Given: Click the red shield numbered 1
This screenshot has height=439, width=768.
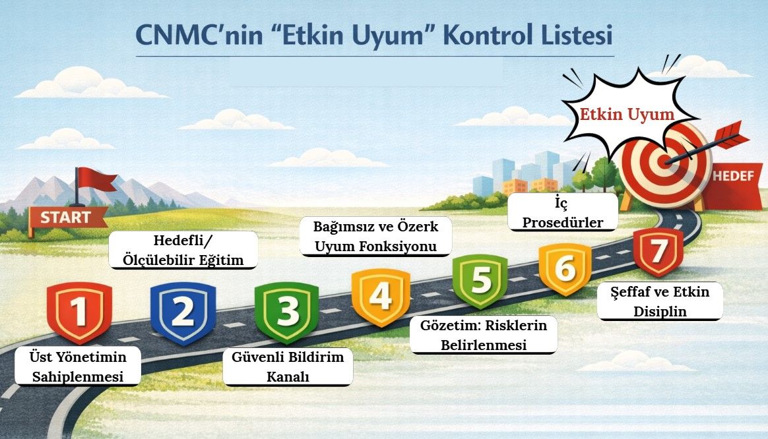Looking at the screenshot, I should [80, 312].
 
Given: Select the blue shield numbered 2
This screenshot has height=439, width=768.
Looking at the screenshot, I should [183, 312].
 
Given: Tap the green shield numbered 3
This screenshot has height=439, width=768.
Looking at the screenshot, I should [286, 312].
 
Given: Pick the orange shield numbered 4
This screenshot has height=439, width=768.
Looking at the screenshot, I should [380, 297].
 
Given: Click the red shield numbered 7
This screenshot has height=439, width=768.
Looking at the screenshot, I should [657, 252].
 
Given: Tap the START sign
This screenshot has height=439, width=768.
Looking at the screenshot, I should [67, 218].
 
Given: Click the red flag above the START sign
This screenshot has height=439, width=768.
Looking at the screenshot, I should [96, 179].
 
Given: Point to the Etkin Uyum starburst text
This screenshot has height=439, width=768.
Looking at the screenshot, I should [627, 115].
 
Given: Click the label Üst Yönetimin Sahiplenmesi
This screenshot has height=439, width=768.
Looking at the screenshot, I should [78, 367].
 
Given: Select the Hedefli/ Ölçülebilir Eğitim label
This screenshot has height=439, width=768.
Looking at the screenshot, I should [183, 250].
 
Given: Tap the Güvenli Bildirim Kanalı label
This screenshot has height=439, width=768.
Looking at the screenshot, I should [288, 367].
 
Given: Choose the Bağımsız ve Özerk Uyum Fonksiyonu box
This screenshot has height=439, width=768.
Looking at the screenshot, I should [375, 236].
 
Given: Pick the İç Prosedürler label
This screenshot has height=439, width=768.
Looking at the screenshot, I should [563, 212].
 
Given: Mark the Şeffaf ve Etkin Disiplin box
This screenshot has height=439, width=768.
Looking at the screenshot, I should [660, 301].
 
